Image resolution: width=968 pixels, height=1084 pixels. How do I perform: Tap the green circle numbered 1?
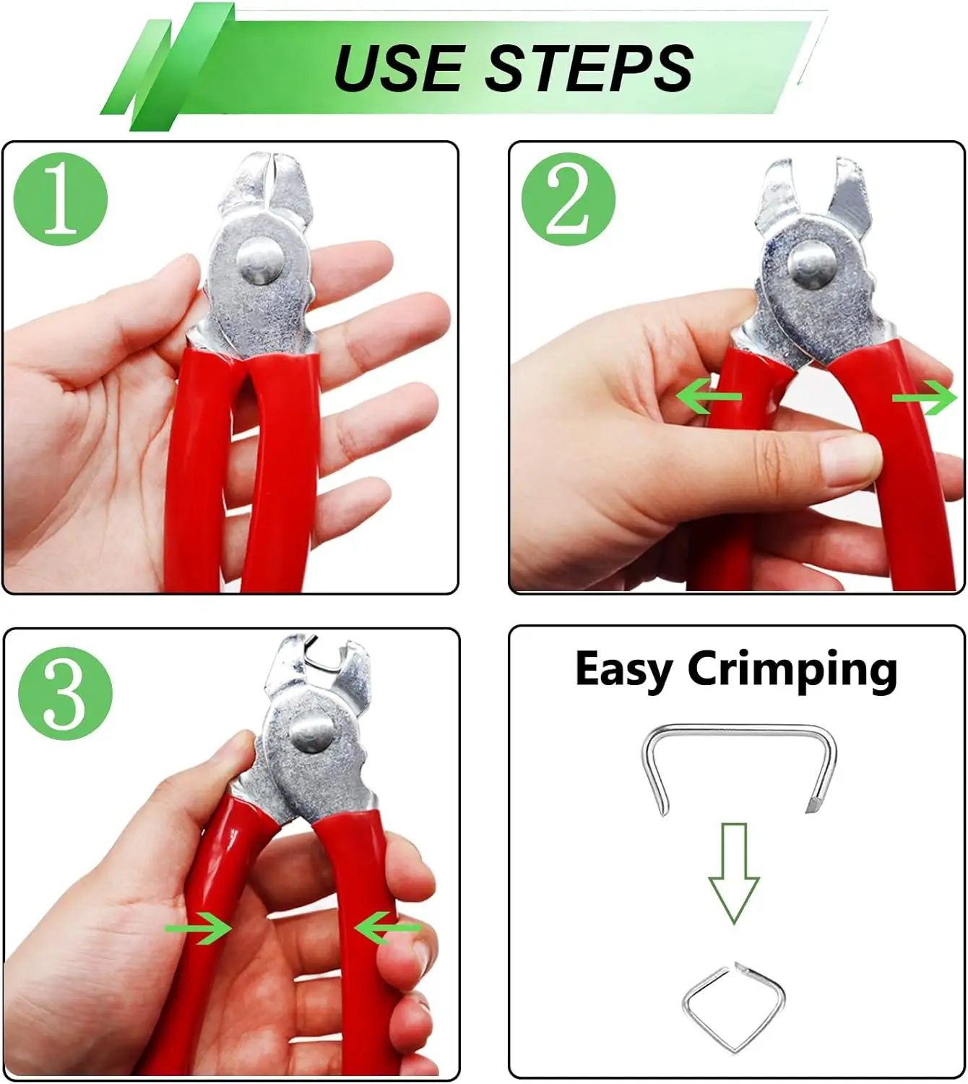click(x=61, y=199)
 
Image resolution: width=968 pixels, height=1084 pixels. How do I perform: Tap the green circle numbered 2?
click(x=569, y=199)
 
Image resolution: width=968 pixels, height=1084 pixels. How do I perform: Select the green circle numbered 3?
click(x=65, y=694)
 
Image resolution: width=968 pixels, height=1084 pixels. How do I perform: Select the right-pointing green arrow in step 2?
click(x=925, y=397)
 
